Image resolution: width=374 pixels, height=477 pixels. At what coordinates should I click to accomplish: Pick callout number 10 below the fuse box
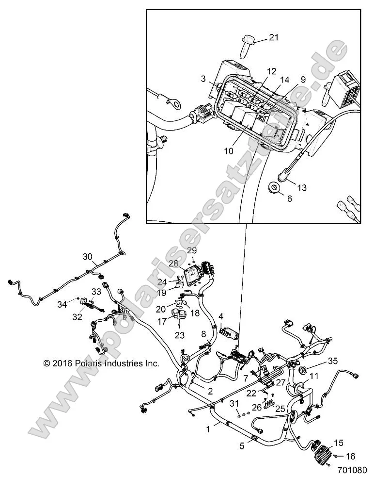228,151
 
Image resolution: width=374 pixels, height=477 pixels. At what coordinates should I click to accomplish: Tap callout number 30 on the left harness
87,257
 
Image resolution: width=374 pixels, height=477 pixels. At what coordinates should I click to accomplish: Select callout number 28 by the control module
173,263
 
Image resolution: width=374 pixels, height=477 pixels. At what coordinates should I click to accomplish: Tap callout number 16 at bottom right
350,456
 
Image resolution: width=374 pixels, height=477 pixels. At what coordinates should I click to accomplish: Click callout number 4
220,316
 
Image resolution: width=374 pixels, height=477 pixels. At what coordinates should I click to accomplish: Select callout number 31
234,404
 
